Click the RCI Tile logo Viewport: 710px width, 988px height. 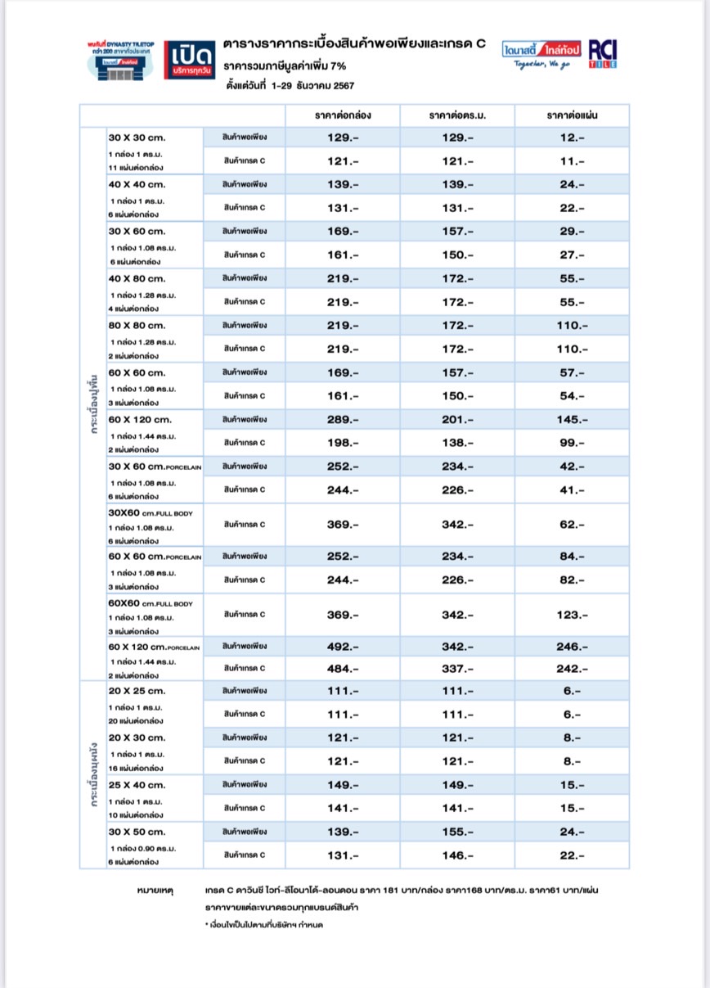click(x=603, y=53)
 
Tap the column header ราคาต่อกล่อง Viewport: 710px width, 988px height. click(x=342, y=115)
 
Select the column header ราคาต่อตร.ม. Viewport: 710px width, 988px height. click(x=457, y=115)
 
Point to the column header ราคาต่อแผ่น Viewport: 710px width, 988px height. click(x=572, y=115)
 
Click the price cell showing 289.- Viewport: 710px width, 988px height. click(x=342, y=420)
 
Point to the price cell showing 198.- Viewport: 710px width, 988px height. click(x=342, y=443)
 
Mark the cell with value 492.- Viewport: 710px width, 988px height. click(x=342, y=647)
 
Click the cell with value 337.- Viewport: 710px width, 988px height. click(x=457, y=669)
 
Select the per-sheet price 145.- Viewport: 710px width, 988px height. click(x=572, y=420)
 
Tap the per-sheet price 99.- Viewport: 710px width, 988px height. click(x=572, y=443)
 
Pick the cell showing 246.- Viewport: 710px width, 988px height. click(x=572, y=647)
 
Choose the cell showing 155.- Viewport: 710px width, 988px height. click(x=457, y=832)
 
